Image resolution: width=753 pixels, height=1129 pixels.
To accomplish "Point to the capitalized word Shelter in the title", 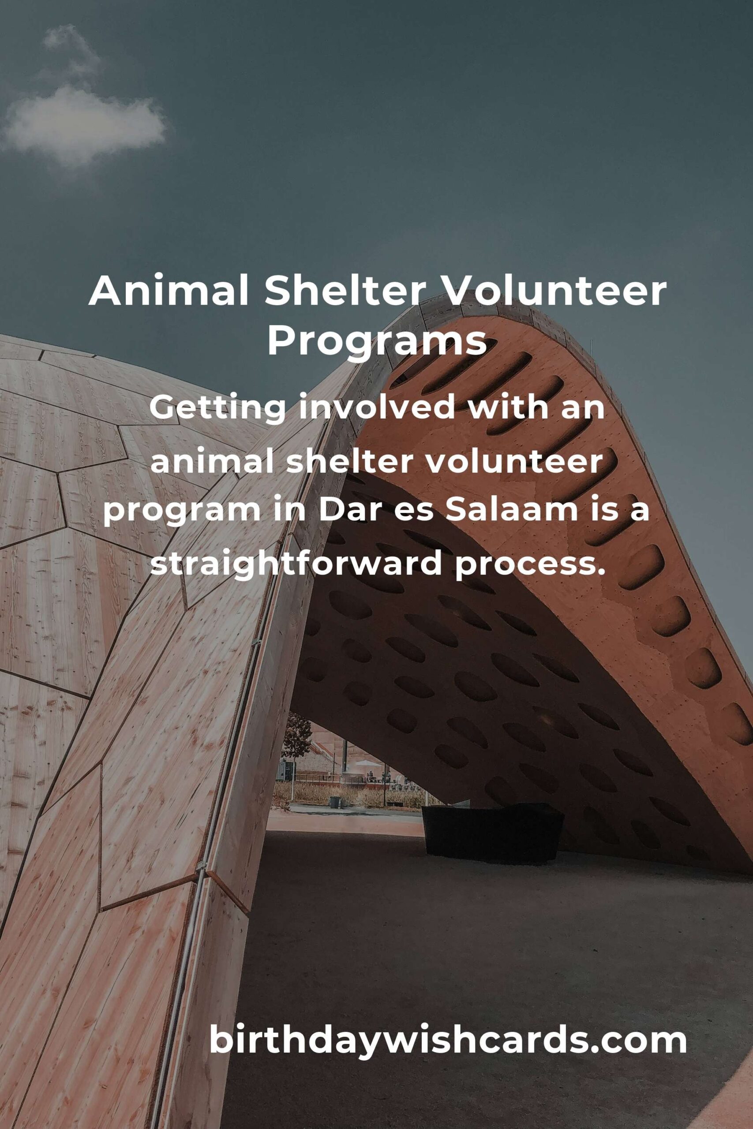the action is point(345,292).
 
